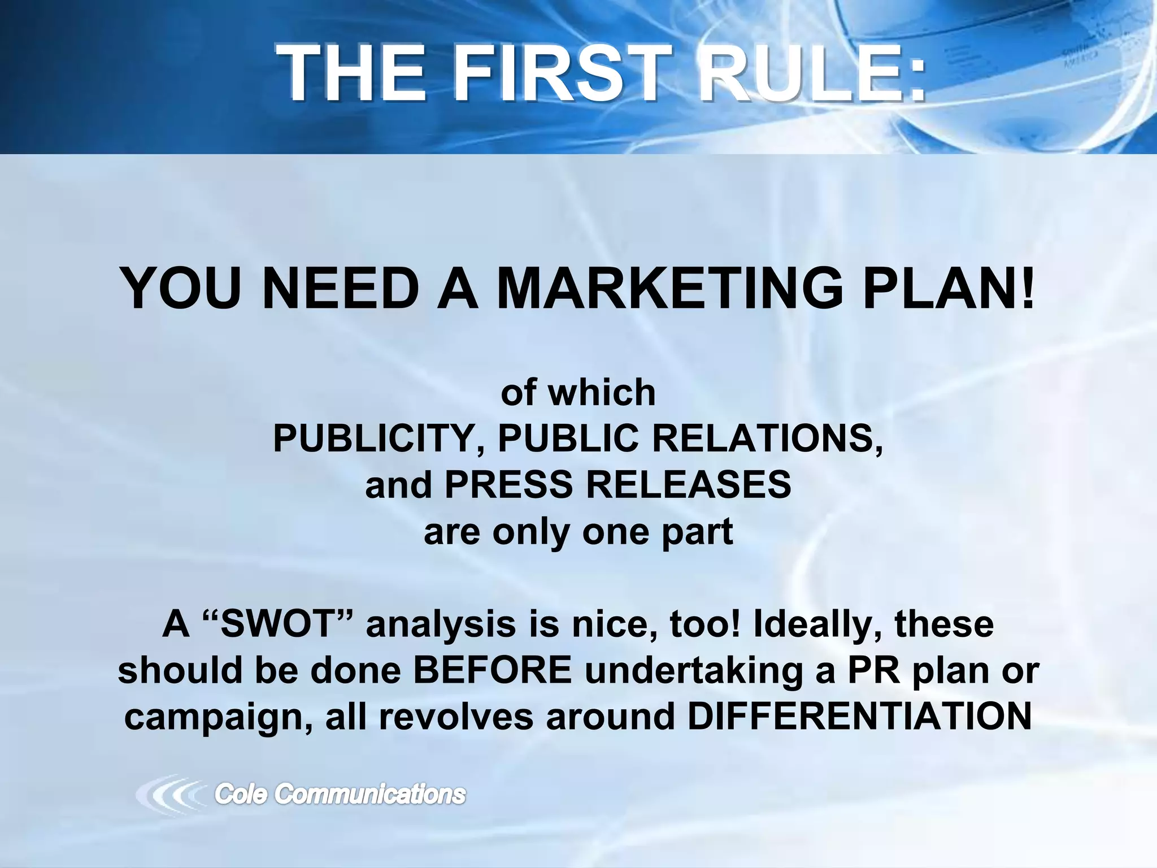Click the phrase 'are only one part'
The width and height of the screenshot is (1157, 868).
[578, 531]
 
